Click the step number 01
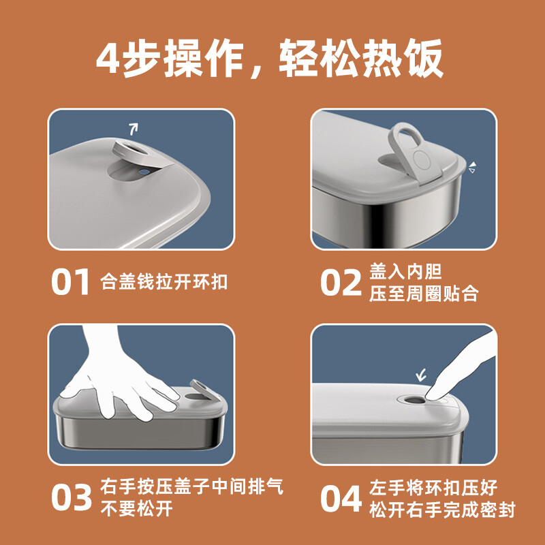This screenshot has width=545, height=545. point(71,282)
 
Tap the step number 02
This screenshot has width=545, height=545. point(341,282)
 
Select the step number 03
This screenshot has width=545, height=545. point(72,498)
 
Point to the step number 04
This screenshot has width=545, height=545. point(341,498)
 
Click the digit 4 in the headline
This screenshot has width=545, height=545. point(108,59)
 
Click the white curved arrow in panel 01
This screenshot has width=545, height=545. point(134,129)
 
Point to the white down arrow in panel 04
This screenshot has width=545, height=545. point(421,375)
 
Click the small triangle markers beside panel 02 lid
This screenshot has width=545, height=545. point(472,168)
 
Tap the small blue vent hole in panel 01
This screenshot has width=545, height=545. point(142,172)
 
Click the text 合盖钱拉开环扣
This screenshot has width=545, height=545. point(163,281)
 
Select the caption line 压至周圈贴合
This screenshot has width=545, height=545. point(424,294)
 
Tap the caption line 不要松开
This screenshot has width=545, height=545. point(137,509)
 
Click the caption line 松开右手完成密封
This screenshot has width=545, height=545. point(442,510)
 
